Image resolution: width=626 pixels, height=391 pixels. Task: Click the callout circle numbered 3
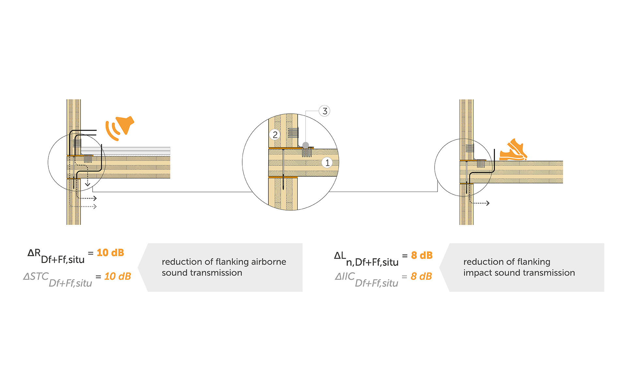click(x=324, y=111)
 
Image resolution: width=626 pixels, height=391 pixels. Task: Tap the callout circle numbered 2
click(x=275, y=135)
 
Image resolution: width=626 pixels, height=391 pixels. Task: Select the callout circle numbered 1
click(x=327, y=163)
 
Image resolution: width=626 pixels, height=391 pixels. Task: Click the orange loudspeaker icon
click(x=119, y=128)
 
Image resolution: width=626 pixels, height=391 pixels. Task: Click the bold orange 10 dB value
click(x=110, y=253)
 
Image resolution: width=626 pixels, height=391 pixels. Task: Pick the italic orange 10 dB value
click(x=117, y=276)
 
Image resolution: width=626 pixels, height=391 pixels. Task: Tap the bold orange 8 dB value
click(x=422, y=255)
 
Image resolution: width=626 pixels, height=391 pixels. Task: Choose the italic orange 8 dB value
click(x=421, y=276)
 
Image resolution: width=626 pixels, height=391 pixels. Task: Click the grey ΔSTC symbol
click(x=36, y=276)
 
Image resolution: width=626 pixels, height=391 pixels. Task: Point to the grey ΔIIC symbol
click(x=345, y=276)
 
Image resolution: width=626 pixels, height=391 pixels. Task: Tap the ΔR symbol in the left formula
click(x=34, y=253)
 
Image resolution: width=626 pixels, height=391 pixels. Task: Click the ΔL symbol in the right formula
click(x=340, y=255)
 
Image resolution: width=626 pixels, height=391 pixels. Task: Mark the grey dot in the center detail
click(x=306, y=145)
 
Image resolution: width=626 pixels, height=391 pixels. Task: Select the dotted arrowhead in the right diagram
click(x=488, y=203)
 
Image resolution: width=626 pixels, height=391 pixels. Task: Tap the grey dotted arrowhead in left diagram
click(x=95, y=207)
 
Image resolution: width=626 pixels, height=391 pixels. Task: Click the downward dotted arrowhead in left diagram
click(x=87, y=184)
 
